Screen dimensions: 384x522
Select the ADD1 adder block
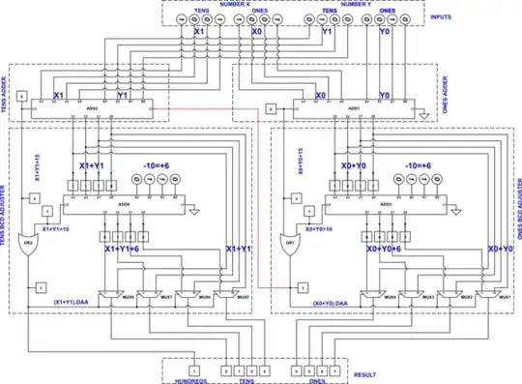(x=355, y=107)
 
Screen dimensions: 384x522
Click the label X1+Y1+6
(x=123, y=249)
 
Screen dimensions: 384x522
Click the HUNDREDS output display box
(x=192, y=369)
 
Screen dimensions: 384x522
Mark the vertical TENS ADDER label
(x=6, y=93)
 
